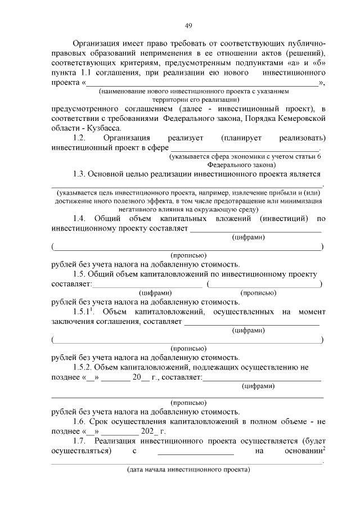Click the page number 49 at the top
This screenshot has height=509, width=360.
pos(188,25)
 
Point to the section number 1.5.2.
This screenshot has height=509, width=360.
pos(85,367)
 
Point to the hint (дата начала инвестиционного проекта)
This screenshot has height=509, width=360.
pos(188,469)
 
